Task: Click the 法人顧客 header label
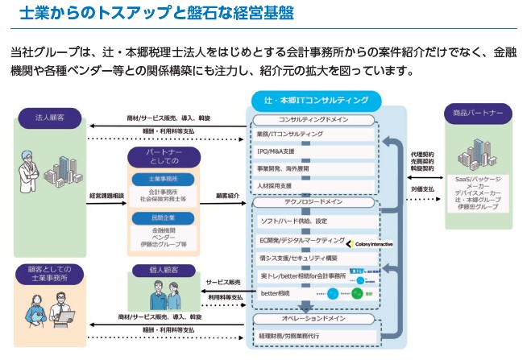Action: click(x=50, y=118)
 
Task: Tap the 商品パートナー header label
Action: click(x=478, y=114)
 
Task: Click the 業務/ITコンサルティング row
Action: click(x=291, y=134)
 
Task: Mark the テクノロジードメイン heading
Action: click(x=314, y=203)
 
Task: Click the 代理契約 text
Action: click(x=422, y=153)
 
